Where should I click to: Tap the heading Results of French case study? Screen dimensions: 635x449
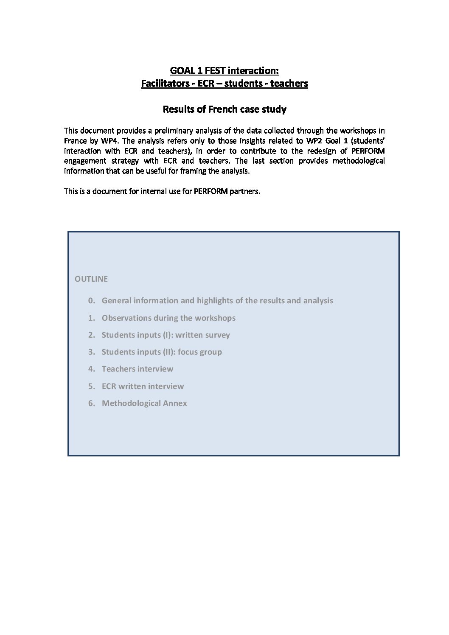click(x=224, y=109)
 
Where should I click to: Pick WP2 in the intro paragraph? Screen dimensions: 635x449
click(x=314, y=141)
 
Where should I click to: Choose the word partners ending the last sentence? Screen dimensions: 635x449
click(x=245, y=191)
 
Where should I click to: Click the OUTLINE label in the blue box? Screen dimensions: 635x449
click(x=91, y=279)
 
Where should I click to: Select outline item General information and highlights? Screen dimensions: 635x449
click(x=217, y=301)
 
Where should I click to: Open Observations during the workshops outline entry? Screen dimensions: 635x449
click(x=168, y=318)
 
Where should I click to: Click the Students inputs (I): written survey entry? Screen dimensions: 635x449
click(x=166, y=335)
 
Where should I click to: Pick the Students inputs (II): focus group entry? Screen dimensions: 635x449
click(x=162, y=352)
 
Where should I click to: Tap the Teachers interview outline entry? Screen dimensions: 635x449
click(x=138, y=369)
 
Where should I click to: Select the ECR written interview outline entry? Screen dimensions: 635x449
click(x=143, y=386)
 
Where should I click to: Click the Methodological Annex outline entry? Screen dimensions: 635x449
click(x=144, y=403)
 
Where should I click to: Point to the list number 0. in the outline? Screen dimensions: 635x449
click(x=91, y=301)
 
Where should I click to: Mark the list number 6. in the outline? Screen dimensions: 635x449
click(x=91, y=403)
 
